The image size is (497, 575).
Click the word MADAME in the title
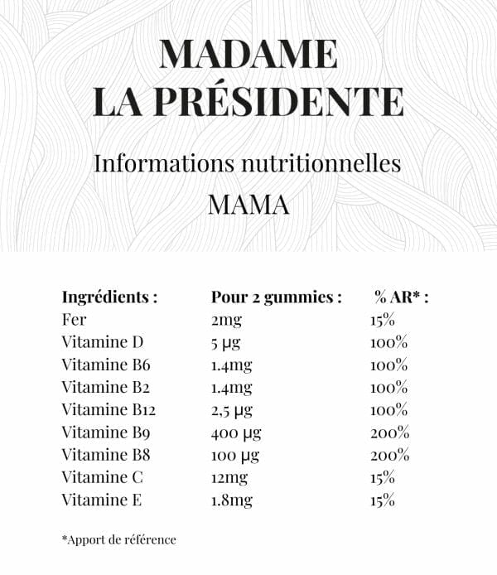coord(248,55)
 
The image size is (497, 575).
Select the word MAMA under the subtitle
coord(248,204)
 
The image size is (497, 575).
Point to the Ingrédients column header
coord(109,297)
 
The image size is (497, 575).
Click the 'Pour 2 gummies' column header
coord(276,297)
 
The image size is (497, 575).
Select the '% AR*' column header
coord(402,297)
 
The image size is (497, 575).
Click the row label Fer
coord(74,320)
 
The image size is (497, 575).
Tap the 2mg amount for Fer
coord(225,320)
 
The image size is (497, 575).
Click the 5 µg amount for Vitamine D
coord(225,342)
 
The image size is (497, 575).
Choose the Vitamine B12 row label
coord(109,410)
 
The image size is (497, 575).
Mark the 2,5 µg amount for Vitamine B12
coord(232,410)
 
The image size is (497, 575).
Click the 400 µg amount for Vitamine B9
coord(234,432)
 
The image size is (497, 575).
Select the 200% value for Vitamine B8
coord(389,455)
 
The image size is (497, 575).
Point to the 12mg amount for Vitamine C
coord(229,477)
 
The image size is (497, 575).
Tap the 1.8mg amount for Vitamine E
coord(232,500)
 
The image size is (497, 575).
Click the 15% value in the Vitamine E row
coord(383,500)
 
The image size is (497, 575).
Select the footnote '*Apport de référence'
coord(118,539)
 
